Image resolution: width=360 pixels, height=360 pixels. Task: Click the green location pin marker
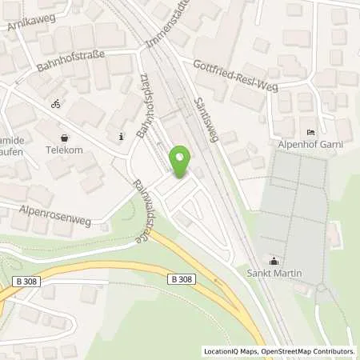click(x=182, y=162)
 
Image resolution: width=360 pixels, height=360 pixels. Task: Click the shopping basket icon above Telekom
click(x=64, y=136)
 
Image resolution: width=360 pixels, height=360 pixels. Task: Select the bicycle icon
click(x=55, y=104)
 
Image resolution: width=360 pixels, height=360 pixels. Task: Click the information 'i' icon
click(x=121, y=136)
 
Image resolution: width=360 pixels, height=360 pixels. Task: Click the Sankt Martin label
click(x=274, y=273)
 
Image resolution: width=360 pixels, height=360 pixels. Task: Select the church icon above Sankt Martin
click(x=274, y=260)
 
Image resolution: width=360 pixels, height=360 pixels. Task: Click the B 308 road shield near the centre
click(x=181, y=278)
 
